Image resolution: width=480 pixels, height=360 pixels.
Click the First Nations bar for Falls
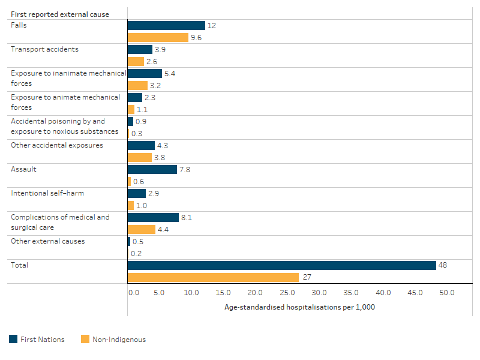coord(166,25)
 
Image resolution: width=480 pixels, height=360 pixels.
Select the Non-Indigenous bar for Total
coord(213,277)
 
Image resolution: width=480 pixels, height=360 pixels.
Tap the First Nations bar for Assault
coord(152,169)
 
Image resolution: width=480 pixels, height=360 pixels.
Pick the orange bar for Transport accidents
coord(136,61)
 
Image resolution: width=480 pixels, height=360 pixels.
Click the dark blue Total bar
coord(281,265)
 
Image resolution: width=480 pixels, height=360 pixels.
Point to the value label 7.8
coord(185,169)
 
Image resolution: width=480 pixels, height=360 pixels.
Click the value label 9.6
coord(196,37)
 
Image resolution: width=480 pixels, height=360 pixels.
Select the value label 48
coord(443,265)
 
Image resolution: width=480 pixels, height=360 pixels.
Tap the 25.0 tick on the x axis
coord(287,293)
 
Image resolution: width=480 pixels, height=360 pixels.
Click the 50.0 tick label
coord(447,293)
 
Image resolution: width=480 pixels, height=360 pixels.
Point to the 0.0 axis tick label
coord(133,293)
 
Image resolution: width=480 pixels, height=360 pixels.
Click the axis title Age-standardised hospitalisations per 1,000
coord(299,307)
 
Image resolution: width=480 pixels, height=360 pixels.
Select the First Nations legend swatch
coord(13,339)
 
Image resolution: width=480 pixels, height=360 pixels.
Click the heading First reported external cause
coord(60,14)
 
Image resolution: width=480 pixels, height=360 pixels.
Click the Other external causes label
coord(47,241)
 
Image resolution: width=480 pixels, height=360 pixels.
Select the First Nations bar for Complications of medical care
coord(153,217)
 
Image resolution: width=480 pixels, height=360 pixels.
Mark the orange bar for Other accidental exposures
coord(139,157)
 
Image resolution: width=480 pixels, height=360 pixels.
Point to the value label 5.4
coord(169,73)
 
